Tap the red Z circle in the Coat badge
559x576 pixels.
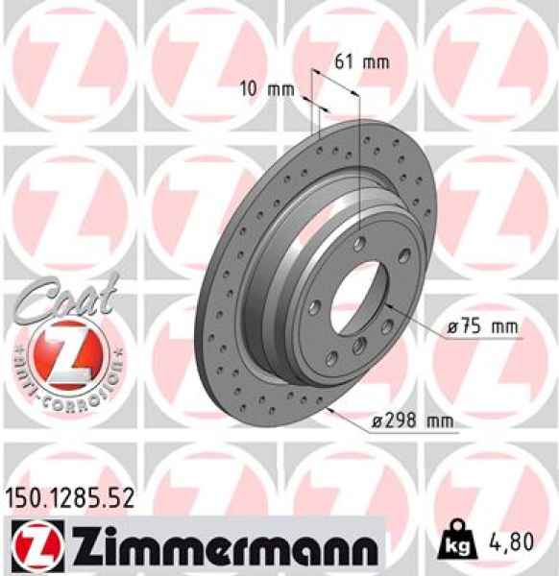click(63, 348)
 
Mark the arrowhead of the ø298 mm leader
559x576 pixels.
click(329, 407)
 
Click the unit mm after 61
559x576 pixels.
click(376, 62)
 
